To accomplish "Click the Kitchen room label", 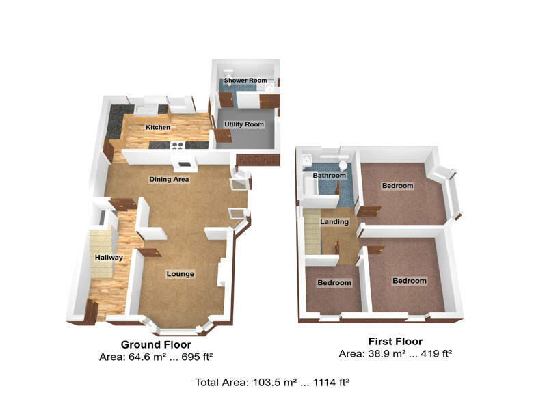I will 158,127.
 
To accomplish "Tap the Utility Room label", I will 244,124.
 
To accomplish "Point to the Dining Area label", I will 169,179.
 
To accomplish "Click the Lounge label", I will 181,274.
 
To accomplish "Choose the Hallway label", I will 109,258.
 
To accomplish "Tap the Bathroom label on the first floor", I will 329,176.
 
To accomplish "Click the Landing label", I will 334,222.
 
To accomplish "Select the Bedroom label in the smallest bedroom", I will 334,283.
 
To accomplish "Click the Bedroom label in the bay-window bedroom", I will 397,186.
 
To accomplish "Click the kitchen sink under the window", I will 146,107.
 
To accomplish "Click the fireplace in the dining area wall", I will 183,164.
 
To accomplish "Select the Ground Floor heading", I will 156,344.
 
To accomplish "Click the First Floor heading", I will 395,342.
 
